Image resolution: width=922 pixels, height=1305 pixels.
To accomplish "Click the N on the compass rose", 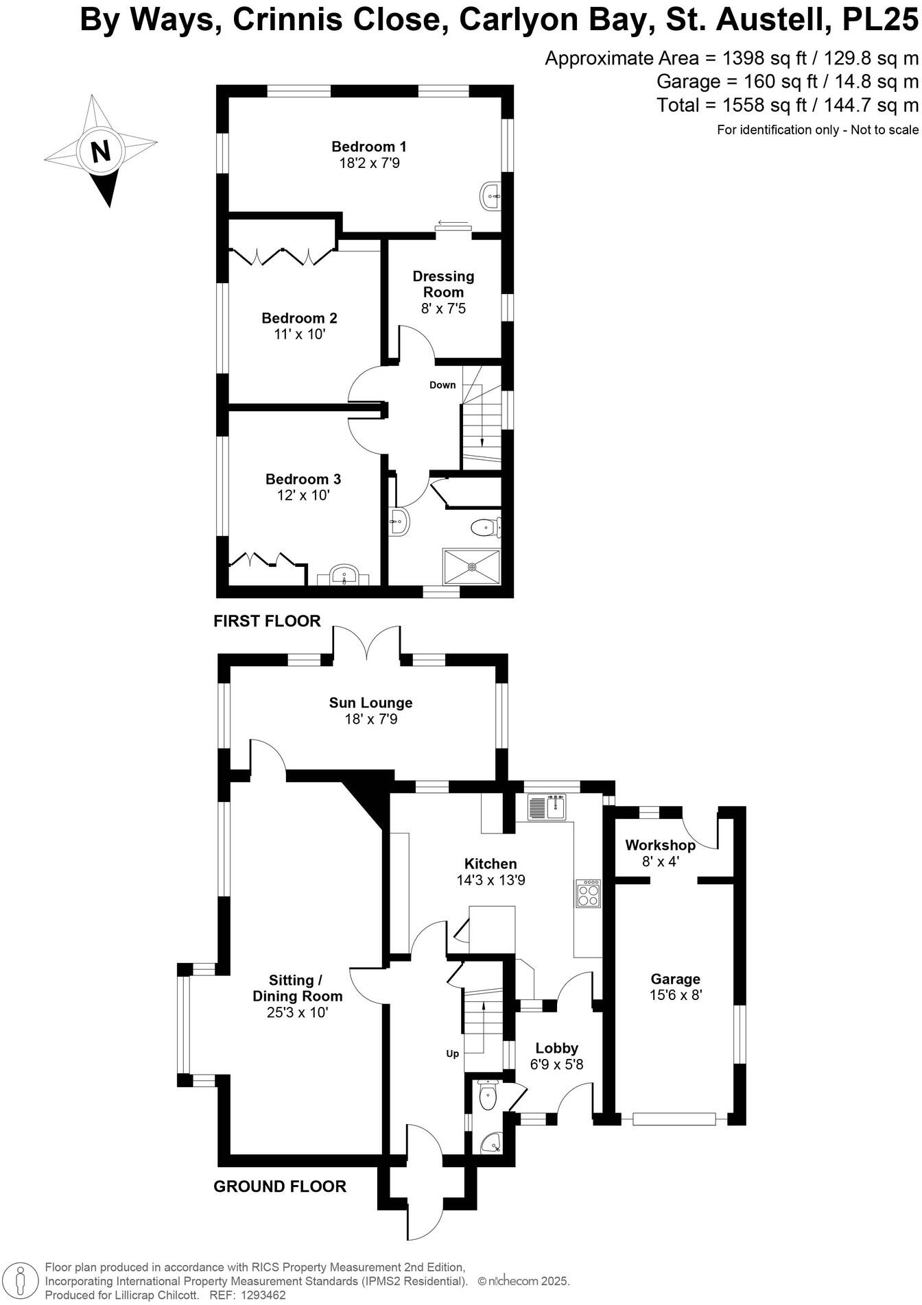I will pos(101,150).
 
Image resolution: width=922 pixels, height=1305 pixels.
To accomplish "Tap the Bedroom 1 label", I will pos(368,147).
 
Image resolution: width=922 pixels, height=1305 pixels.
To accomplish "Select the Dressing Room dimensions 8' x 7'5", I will pos(443,308).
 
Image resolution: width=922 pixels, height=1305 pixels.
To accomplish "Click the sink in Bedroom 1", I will pos(490,195).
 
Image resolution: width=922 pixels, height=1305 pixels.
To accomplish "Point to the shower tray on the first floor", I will pos(471,566).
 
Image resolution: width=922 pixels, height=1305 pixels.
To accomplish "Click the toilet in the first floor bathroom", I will pos(485,527).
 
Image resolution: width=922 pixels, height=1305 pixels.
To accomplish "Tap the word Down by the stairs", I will pos(442,385).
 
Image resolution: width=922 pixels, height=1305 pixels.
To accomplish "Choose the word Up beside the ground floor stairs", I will pos(452,1053).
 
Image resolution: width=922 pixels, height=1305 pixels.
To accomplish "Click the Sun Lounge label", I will pos(370,703).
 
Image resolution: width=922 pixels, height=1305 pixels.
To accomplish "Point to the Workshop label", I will pos(660,845).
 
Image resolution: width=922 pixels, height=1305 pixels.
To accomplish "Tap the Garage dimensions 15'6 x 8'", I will pos(676,995).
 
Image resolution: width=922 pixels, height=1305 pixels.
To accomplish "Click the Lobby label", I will pos(556,1047).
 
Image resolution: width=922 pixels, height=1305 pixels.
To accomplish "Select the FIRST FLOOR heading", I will pos(267,621).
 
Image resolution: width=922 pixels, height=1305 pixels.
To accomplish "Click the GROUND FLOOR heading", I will pos(279,1186).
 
